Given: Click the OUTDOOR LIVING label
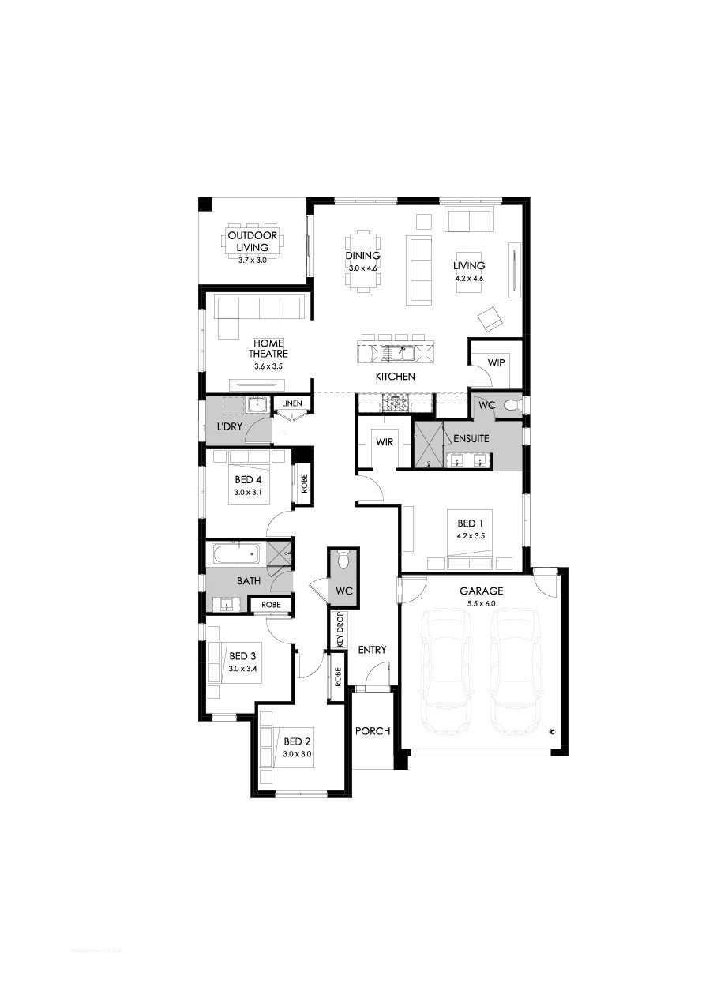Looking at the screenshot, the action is [x=252, y=242].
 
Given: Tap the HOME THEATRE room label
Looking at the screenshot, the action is [x=268, y=348].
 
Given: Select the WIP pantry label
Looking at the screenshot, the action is [x=496, y=363].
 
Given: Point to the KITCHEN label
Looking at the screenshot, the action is [x=396, y=377].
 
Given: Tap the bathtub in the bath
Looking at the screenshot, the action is [x=237, y=554].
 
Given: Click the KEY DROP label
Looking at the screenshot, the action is [x=340, y=630].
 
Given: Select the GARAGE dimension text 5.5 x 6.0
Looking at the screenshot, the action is [x=481, y=603].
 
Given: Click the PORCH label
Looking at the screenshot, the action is [x=373, y=731].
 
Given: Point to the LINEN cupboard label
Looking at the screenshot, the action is [x=291, y=403].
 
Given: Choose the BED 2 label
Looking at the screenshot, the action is [x=297, y=741].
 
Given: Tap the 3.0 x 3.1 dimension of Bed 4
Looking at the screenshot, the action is [x=248, y=492].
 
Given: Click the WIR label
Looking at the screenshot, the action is [x=385, y=442].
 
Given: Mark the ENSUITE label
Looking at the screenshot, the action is [x=471, y=438].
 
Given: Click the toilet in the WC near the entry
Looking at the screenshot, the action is [x=343, y=561].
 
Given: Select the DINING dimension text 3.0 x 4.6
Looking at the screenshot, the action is [x=362, y=268].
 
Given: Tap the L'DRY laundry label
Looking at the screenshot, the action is [x=230, y=426].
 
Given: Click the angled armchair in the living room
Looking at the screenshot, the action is [x=490, y=319].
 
